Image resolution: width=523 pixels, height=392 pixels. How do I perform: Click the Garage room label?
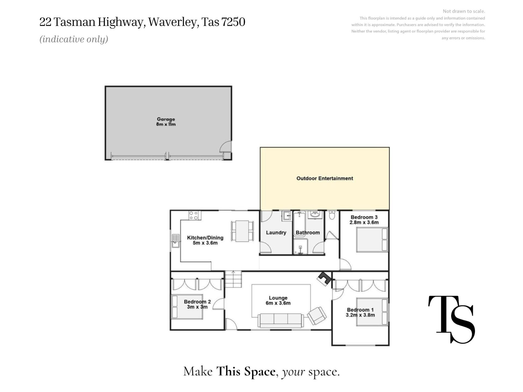pyautogui.click(x=166, y=119)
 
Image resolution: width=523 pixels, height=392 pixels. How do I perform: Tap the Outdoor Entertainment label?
pyautogui.click(x=325, y=178)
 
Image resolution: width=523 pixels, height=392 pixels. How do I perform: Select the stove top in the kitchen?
pyautogui.click(x=195, y=215)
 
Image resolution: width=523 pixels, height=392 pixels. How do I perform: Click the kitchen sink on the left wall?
pyautogui.click(x=176, y=241)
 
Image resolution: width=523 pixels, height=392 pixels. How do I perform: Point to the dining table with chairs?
pyautogui.click(x=242, y=231)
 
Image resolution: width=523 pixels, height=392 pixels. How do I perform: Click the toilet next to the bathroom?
pyautogui.click(x=332, y=215)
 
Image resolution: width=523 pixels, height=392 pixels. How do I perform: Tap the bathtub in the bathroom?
pyautogui.click(x=299, y=224)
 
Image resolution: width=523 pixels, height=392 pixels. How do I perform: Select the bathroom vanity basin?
pyautogui.click(x=315, y=215)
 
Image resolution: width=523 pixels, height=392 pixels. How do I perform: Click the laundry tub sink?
pyautogui.click(x=287, y=216)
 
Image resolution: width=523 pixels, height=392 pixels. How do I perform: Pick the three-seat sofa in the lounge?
pyautogui.click(x=281, y=320)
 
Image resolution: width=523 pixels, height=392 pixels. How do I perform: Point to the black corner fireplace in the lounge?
pyautogui.click(x=324, y=278)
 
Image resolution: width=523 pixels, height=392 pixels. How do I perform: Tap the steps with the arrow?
pyautogui.click(x=233, y=279)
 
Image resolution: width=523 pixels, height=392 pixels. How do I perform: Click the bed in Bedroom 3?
pyautogui.click(x=372, y=240)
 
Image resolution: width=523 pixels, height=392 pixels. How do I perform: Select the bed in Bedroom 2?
pyautogui.click(x=187, y=307)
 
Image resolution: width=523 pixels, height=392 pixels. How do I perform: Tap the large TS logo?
pyautogui.click(x=452, y=320)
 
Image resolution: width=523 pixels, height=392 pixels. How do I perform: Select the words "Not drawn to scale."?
pyautogui.click(x=464, y=11)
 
